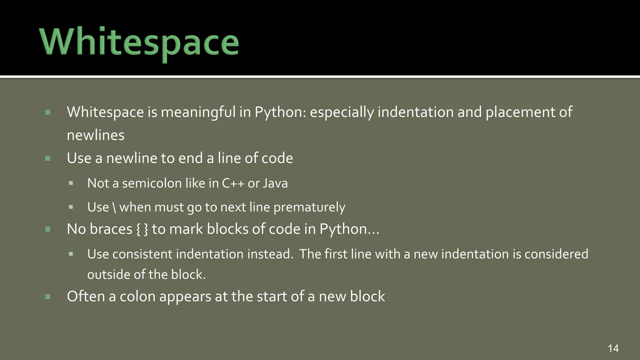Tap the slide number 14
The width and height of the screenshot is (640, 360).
pyautogui.click(x=613, y=348)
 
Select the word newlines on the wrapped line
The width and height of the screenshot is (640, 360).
pyautogui.click(x=96, y=135)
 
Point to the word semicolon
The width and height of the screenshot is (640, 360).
pyautogui.click(x=152, y=183)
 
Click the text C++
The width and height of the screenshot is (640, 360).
pyautogui.click(x=233, y=183)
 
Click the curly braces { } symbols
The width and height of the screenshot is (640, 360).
pyautogui.click(x=142, y=229)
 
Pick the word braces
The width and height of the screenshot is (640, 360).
pyautogui.click(x=111, y=229)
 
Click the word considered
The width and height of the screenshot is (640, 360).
pyautogui.click(x=556, y=254)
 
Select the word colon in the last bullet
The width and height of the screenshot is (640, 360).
pyautogui.click(x=137, y=297)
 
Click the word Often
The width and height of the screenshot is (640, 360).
pyautogui.click(x=86, y=296)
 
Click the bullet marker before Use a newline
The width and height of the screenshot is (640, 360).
pyautogui.click(x=48, y=158)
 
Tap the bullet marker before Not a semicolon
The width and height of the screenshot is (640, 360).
pyautogui.click(x=71, y=183)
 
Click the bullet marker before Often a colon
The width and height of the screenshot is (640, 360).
pyautogui.click(x=48, y=297)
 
